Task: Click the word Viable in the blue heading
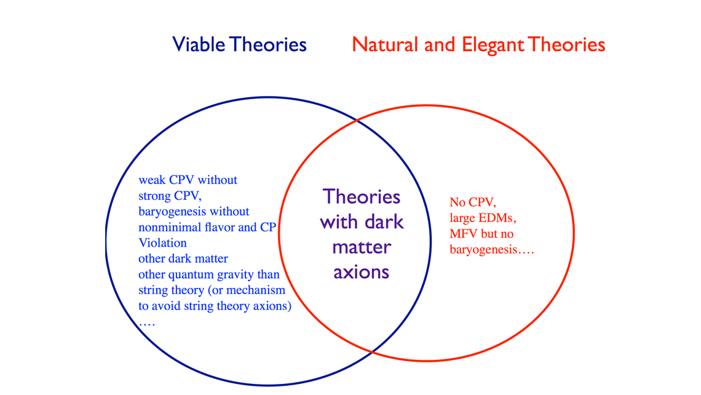(x=199, y=45)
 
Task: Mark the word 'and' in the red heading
(x=440, y=45)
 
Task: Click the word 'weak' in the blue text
(x=152, y=180)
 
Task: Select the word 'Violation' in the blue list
(x=163, y=243)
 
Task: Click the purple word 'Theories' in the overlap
(x=362, y=197)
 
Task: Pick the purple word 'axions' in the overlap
(x=361, y=272)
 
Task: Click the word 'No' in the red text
(x=457, y=202)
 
